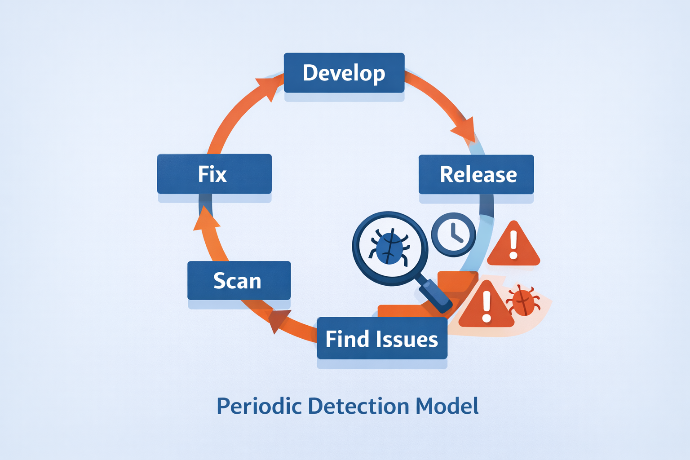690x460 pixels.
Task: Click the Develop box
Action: [344, 73]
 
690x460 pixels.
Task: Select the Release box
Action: [476, 174]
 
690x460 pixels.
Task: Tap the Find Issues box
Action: [382, 339]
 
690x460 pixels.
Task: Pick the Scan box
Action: [239, 281]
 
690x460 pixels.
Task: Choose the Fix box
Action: [214, 174]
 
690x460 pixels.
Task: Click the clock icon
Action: [453, 234]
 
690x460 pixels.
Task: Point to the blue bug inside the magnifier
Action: [389, 247]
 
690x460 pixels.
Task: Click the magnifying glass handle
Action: [435, 296]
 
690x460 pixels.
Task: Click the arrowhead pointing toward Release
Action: [465, 130]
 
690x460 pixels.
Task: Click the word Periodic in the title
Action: [259, 406]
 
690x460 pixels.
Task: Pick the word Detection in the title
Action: [358, 406]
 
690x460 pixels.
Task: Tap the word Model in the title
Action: [447, 406]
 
